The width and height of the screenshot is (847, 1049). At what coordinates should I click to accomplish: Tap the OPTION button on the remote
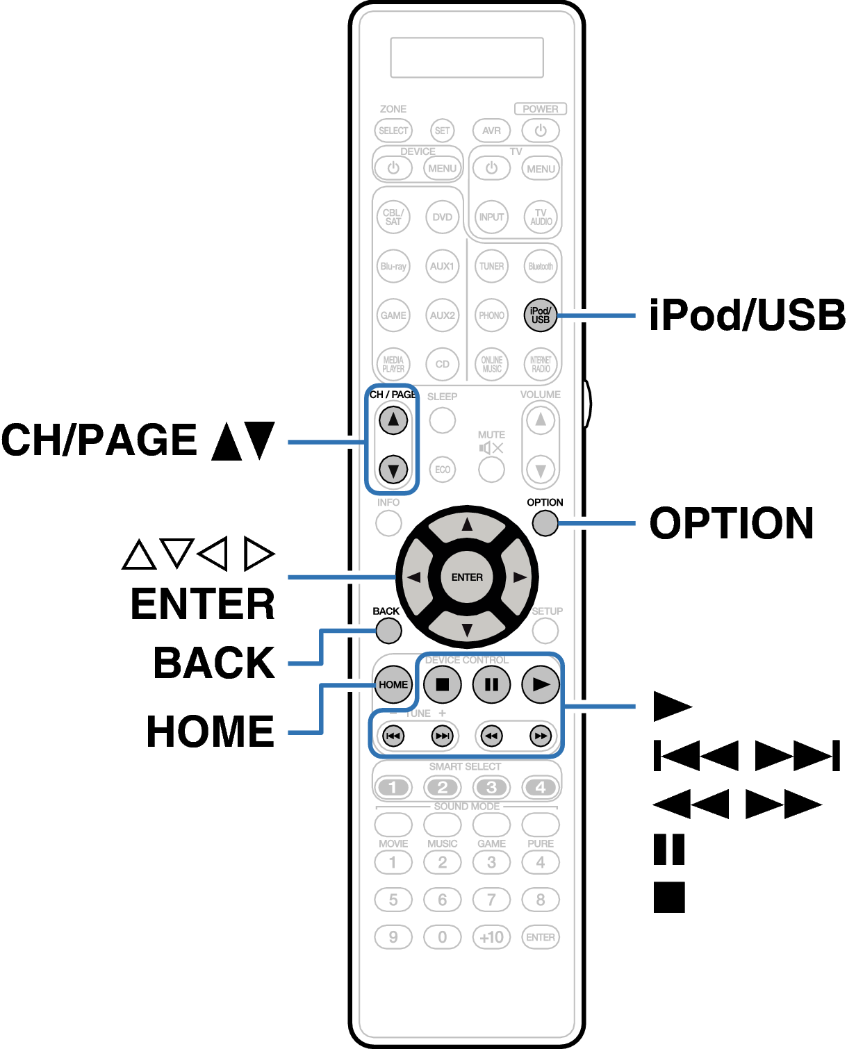tap(545, 523)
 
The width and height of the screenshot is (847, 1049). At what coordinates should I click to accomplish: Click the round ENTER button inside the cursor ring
tap(467, 577)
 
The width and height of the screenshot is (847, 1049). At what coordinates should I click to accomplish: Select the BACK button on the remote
tap(388, 631)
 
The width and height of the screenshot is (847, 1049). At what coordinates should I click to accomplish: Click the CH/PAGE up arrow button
tap(393, 420)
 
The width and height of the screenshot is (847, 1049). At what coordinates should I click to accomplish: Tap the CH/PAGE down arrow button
tap(393, 470)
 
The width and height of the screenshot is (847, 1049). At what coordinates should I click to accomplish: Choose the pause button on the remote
tap(491, 684)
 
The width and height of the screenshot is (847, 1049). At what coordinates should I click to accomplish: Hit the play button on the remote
tap(541, 684)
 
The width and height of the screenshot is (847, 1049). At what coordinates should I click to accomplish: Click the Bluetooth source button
tap(541, 266)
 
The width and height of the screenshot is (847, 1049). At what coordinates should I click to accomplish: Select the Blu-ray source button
tap(393, 266)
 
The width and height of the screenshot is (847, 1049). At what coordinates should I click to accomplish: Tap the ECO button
tap(443, 470)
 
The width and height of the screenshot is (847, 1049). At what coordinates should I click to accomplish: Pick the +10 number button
tap(491, 937)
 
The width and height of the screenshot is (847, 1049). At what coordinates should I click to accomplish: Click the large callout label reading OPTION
tap(731, 523)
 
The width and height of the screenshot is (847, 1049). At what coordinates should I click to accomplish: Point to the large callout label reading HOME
tap(211, 731)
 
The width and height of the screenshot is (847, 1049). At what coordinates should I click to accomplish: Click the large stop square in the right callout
tap(669, 897)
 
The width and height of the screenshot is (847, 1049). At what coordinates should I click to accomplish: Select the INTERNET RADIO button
tap(541, 364)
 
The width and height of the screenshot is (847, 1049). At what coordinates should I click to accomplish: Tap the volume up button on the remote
tap(541, 420)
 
